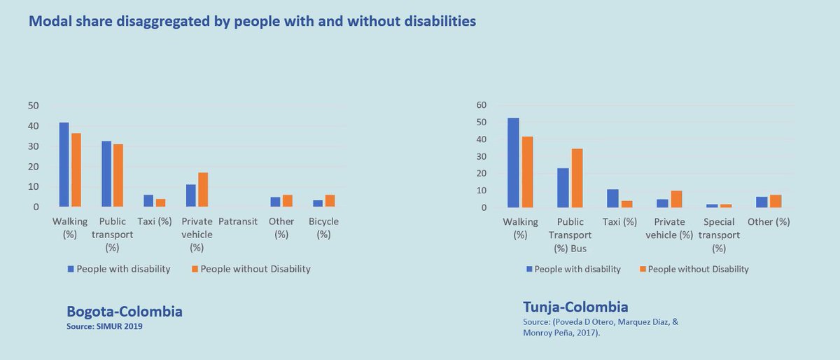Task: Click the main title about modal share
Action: click(252, 22)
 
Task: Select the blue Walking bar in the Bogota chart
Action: click(64, 165)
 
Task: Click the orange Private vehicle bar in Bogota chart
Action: click(203, 190)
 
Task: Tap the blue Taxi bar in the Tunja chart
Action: click(612, 198)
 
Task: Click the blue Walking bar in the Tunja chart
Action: click(513, 162)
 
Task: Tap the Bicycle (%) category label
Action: click(323, 228)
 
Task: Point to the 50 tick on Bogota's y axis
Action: click(34, 106)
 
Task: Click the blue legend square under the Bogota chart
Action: click(70, 269)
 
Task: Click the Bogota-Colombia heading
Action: click(124, 312)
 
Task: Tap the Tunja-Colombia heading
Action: click(575, 307)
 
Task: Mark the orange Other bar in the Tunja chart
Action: click(776, 201)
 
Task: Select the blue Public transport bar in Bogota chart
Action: click(106, 174)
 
